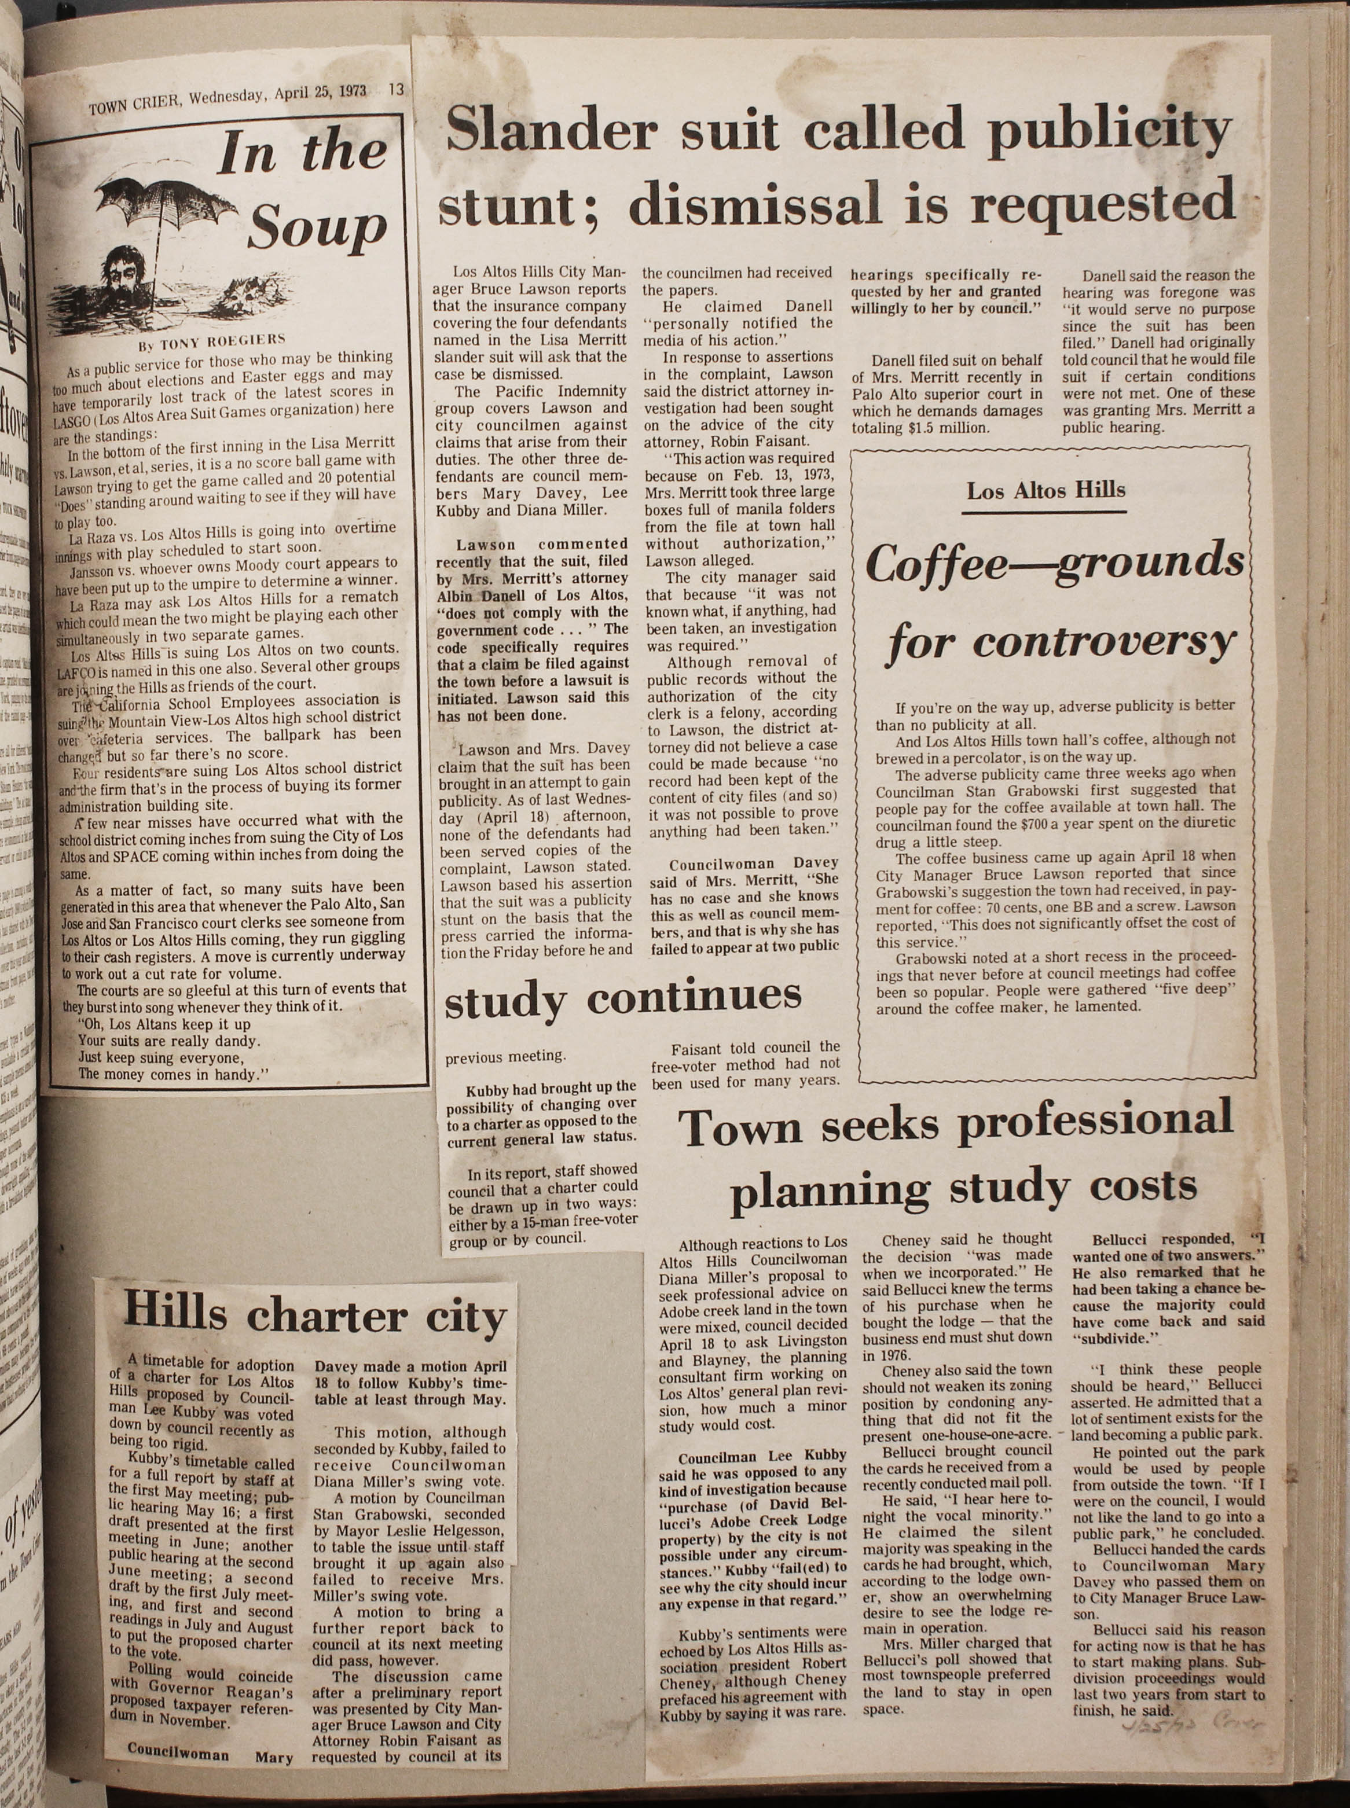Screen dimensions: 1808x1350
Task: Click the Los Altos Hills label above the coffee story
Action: [x=1045, y=490]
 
